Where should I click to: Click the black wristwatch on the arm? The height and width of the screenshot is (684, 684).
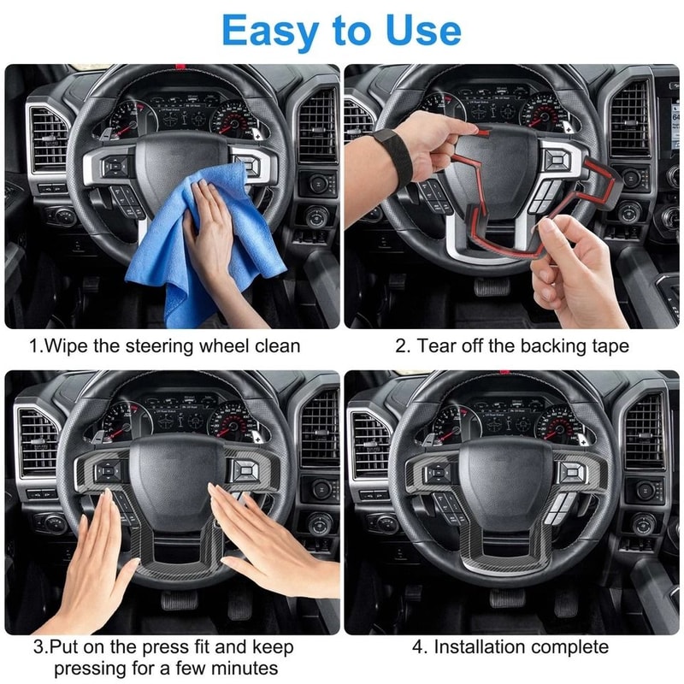(393, 158)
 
